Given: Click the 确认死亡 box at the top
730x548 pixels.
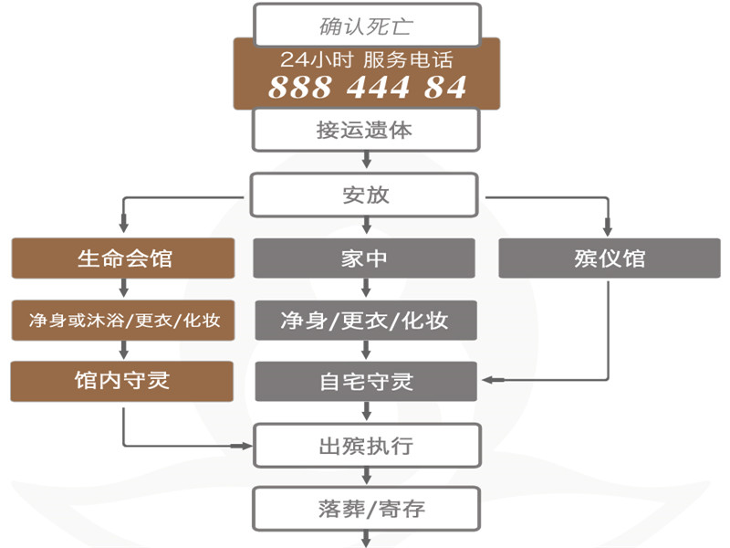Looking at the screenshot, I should click(365, 25).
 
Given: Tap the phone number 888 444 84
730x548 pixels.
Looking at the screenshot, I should click(367, 88).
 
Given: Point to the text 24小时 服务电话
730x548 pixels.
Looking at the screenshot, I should click(367, 60).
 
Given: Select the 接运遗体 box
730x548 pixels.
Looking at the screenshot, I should click(365, 130).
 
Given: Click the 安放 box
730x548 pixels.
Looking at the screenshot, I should click(365, 195).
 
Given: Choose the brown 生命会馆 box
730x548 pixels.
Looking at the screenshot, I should click(124, 258).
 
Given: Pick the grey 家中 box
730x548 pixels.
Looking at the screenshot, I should click(365, 258).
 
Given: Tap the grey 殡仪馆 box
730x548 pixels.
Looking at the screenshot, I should click(610, 258).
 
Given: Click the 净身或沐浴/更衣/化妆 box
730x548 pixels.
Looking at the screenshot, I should click(124, 321).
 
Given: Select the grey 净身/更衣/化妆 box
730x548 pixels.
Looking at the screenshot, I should click(365, 321).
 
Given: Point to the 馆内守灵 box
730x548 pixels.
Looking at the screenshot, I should click(124, 381).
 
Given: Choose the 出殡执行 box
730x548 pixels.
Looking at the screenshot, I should click(365, 446).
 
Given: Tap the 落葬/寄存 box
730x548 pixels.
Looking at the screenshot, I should click(365, 507).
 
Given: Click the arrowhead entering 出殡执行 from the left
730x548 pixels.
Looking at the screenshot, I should click(247, 446).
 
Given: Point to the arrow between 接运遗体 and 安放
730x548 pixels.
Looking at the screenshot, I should click(367, 162).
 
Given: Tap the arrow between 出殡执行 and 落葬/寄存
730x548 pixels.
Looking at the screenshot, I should click(367, 476).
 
